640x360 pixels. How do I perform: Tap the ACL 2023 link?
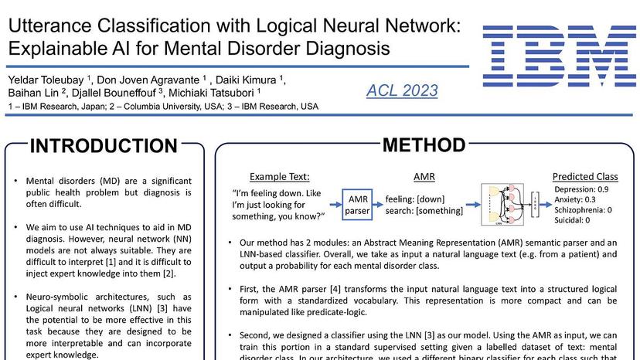402,90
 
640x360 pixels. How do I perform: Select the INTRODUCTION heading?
104,146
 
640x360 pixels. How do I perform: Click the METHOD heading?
424,144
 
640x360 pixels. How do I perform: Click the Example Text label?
280,176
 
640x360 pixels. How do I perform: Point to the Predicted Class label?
585,176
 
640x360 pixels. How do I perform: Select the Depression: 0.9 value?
581,189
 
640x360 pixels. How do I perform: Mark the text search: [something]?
424,210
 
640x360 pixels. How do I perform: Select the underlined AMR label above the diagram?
424,176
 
